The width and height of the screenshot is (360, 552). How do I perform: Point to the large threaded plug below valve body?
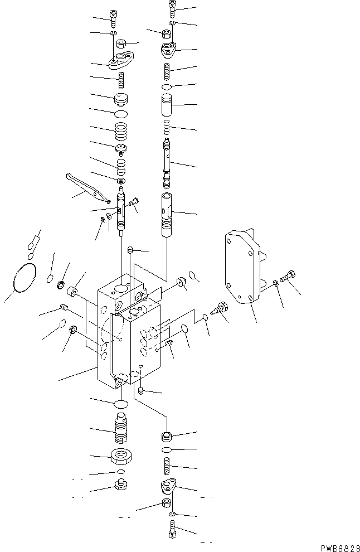click(x=121, y=431)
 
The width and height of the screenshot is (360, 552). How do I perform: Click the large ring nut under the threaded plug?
click(x=121, y=457)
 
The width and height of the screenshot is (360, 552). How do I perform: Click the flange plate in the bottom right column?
click(x=168, y=486)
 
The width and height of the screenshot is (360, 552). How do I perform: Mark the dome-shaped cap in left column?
click(x=121, y=100)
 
